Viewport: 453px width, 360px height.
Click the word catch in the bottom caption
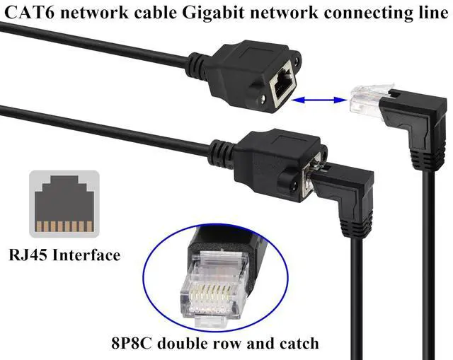pos(299,343)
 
